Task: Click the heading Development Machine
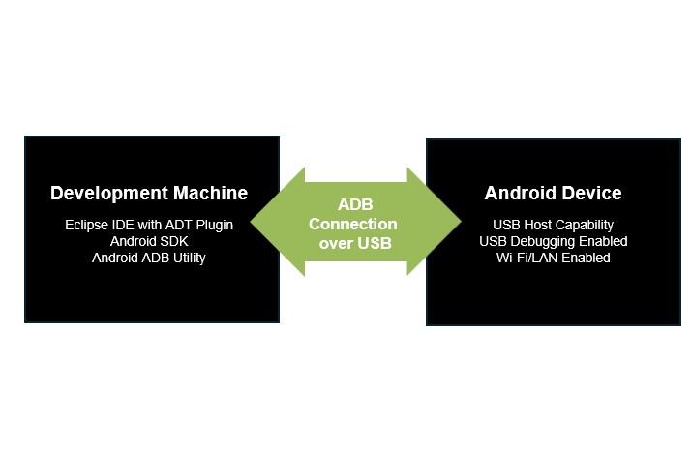[149, 193]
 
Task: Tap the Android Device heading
[553, 193]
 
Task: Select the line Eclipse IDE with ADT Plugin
[149, 225]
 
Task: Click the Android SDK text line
[149, 241]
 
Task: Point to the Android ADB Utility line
[149, 258]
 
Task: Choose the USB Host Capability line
[553, 225]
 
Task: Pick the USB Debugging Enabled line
[553, 241]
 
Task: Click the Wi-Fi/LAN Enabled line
[553, 258]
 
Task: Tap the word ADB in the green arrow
[355, 204]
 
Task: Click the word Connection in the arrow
[355, 224]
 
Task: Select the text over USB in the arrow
[355, 243]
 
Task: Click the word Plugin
[213, 225]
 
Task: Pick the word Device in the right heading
[592, 193]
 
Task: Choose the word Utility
[185, 258]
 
